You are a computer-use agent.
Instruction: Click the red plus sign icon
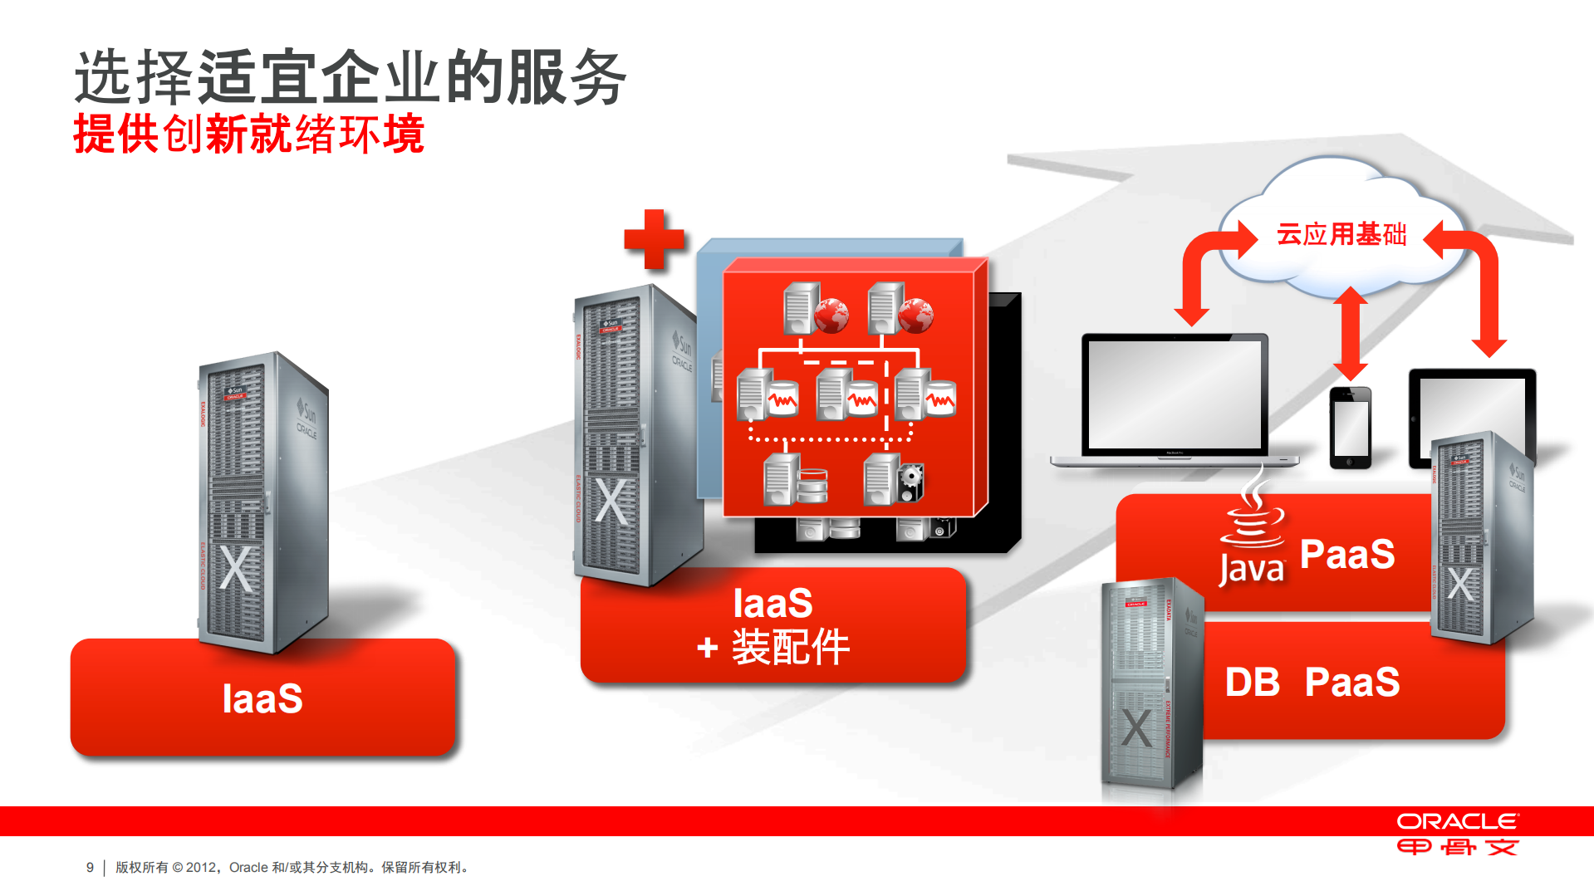[654, 239]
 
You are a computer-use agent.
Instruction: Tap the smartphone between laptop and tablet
[1350, 428]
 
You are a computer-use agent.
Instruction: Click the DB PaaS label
[1312, 683]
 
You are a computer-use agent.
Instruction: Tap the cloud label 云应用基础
[1341, 234]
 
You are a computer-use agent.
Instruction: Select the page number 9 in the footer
[90, 867]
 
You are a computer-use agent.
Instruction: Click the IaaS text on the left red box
[262, 699]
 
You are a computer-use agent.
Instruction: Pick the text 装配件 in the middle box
[791, 648]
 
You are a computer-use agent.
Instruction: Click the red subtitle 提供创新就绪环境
[249, 134]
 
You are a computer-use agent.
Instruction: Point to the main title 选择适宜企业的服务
[350, 77]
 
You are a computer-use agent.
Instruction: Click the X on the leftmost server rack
[236, 569]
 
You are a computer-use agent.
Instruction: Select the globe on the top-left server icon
[831, 316]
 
